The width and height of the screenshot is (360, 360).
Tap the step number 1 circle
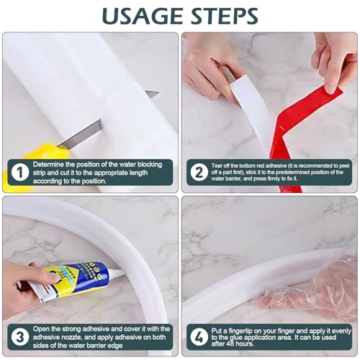[x=16, y=174]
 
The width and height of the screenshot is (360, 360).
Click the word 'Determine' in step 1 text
[x=53, y=165]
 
